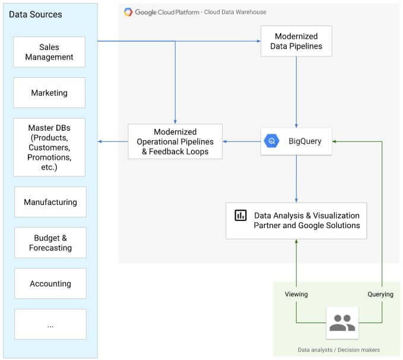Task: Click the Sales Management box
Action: click(50, 52)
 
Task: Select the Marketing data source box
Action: click(50, 93)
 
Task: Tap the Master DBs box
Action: click(50, 147)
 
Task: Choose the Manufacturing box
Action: click(50, 202)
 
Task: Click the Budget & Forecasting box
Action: click(50, 242)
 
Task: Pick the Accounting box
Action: click(50, 283)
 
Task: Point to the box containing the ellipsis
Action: click(50, 324)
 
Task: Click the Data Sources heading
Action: click(35, 14)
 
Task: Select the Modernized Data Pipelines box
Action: click(296, 41)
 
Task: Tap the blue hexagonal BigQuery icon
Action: click(272, 141)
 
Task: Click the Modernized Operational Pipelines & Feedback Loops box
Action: click(175, 141)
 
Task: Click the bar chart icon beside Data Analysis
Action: click(240, 216)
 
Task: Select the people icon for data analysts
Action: click(342, 323)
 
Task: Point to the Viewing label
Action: click(296, 294)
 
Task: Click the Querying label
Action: click(380, 294)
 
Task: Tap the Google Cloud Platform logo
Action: click(128, 12)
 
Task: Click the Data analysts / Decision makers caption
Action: click(338, 350)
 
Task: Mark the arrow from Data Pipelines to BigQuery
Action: click(296, 92)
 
